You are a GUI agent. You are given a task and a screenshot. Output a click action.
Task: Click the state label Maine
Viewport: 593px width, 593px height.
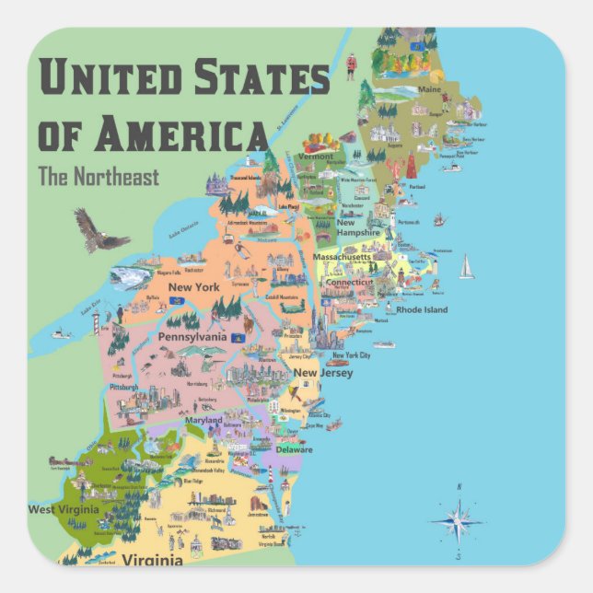(430, 89)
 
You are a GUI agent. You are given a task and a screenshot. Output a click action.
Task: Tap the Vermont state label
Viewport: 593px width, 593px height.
(316, 157)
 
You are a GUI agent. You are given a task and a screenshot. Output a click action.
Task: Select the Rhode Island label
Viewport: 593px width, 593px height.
(422, 309)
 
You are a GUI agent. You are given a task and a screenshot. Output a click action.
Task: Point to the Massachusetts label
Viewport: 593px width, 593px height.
(342, 257)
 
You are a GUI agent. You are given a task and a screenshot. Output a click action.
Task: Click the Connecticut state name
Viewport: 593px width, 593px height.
(355, 282)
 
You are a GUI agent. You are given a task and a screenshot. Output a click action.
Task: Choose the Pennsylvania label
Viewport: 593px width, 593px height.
(192, 337)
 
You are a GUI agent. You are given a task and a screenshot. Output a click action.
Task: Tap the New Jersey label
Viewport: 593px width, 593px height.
(318, 373)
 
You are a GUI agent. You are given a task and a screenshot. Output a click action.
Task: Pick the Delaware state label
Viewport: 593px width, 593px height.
(294, 449)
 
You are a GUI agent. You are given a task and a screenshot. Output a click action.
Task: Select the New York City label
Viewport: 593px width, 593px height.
(351, 355)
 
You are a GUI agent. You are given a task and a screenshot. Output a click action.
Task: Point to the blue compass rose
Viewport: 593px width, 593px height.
(457, 521)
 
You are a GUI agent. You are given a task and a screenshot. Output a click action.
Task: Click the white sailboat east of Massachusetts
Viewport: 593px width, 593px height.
(466, 267)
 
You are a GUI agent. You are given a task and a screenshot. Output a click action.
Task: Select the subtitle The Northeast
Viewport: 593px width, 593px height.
(99, 177)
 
